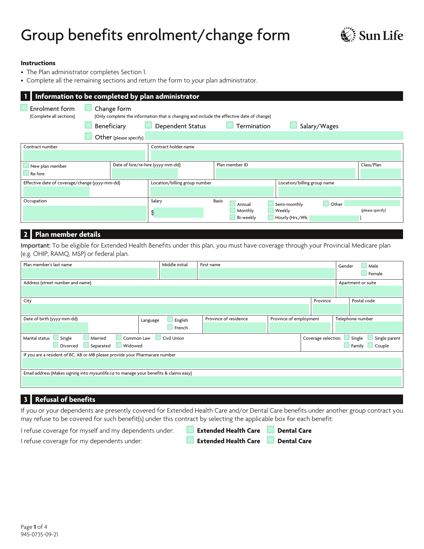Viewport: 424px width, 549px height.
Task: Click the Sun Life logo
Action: pyautogui.click(x=372, y=35)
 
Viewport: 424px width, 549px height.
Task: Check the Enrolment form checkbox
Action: pyautogui.click(x=24, y=108)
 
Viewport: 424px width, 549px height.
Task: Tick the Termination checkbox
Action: pyautogui.click(x=230, y=125)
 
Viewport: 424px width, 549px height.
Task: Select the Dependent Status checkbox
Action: pyautogui.click(x=149, y=125)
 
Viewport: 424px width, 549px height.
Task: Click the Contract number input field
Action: pyautogui.click(x=84, y=155)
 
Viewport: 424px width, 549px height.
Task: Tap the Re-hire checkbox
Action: pyautogui.click(x=26, y=173)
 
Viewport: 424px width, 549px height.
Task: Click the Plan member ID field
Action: pyautogui.click(x=285, y=173)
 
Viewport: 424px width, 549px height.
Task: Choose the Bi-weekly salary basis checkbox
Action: pyautogui.click(x=233, y=217)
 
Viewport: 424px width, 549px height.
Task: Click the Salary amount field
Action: pyautogui.click(x=179, y=213)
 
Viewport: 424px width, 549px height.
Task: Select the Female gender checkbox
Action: pyautogui.click(x=364, y=273)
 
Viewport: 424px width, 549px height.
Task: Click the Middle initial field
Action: pyautogui.click(x=179, y=273)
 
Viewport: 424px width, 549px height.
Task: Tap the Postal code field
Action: pyautogui.click(x=376, y=309)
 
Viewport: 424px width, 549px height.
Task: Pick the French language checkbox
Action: pyautogui.click(x=170, y=327)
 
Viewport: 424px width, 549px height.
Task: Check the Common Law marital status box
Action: pyautogui.click(x=119, y=338)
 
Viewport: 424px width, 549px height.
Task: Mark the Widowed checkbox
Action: pyautogui.click(x=119, y=345)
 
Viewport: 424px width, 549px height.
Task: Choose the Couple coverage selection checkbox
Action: pyautogui.click(x=370, y=345)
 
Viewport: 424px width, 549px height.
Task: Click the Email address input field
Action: pyautogui.click(x=212, y=382)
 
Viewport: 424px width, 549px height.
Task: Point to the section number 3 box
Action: pyautogui.click(x=26, y=400)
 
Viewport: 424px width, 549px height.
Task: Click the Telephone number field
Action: pyautogui.click(x=368, y=327)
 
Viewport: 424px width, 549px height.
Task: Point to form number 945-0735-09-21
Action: pyautogui.click(x=40, y=535)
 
